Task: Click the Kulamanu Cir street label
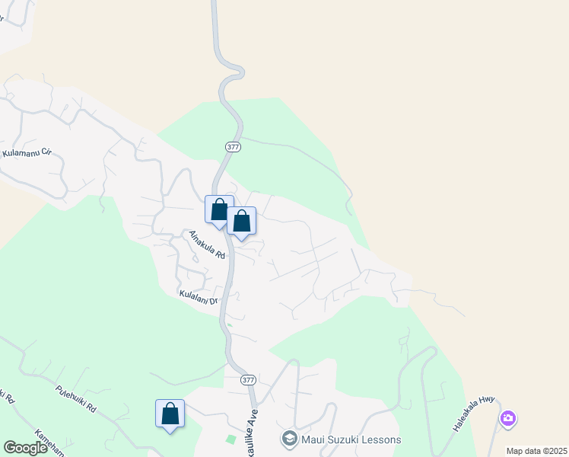click(x=27, y=153)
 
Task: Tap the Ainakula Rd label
click(x=208, y=244)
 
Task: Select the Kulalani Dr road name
click(x=199, y=296)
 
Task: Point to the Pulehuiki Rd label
click(x=76, y=398)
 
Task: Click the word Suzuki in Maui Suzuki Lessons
click(x=349, y=440)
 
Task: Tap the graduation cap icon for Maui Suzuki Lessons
click(x=289, y=439)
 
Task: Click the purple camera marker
click(x=508, y=418)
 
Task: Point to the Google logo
click(x=25, y=448)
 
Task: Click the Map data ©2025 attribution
click(x=536, y=451)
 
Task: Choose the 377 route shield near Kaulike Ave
click(x=247, y=379)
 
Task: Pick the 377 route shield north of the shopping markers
click(x=233, y=146)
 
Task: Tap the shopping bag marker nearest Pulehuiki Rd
click(x=170, y=414)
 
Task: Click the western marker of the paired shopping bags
click(x=219, y=210)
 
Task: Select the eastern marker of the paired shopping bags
click(x=242, y=222)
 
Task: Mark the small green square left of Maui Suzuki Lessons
click(x=230, y=439)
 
